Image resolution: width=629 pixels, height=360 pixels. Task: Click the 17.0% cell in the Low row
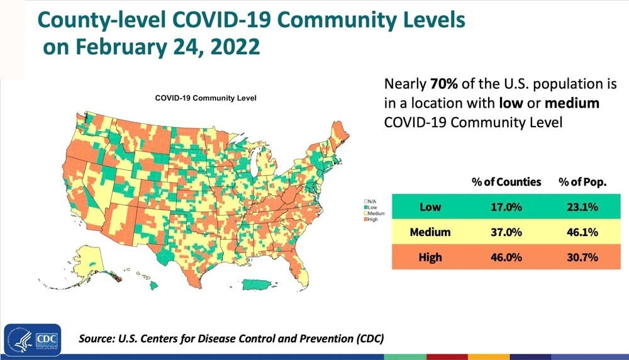point(506,207)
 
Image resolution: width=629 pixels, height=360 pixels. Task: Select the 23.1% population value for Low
point(582,207)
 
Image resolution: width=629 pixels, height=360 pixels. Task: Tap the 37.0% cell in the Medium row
point(506,232)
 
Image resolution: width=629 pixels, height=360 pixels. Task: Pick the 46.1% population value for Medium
point(582,232)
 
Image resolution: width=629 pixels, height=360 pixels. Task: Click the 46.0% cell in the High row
point(506,257)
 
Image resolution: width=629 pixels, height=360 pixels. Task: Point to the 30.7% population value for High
point(582,257)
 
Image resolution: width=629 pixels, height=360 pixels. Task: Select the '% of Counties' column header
point(506,183)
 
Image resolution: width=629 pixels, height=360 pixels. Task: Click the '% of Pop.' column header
point(582,183)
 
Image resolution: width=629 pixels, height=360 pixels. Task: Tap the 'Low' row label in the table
point(430,207)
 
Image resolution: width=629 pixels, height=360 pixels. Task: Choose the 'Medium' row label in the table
point(430,232)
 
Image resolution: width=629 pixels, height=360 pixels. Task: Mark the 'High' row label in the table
point(430,257)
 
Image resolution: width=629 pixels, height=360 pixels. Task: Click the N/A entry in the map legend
point(370,201)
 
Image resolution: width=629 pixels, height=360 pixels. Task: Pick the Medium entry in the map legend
point(374,213)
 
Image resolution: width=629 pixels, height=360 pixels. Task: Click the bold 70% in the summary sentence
point(444,84)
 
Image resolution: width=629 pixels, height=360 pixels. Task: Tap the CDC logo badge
point(33,340)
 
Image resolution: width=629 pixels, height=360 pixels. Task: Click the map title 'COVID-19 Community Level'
point(206,98)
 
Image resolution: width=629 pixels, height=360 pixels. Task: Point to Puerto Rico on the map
point(259,284)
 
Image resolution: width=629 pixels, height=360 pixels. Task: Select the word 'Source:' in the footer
point(96,339)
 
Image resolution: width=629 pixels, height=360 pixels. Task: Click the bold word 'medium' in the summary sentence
point(572,103)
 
